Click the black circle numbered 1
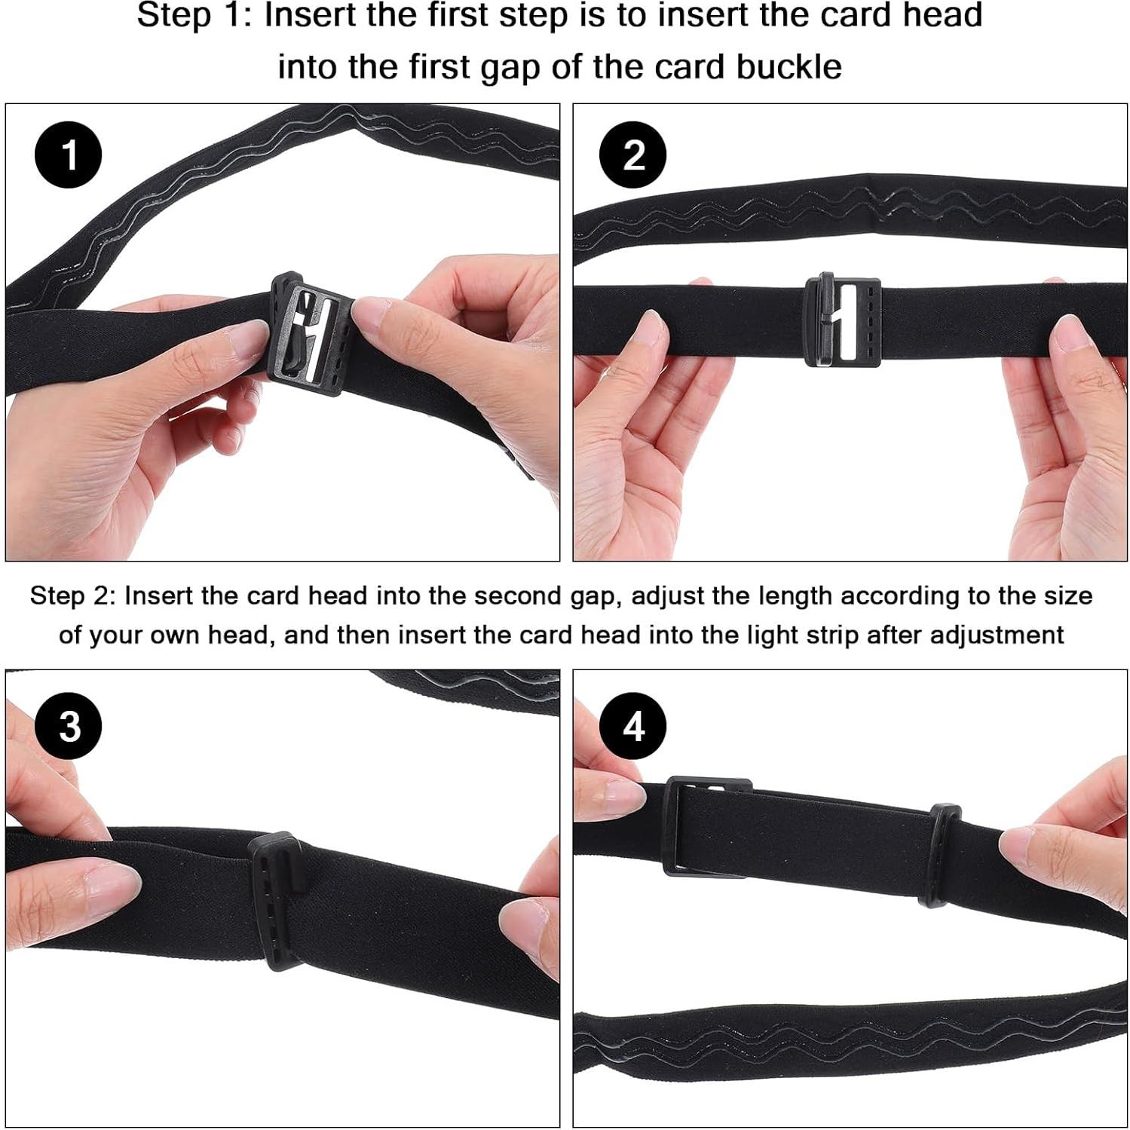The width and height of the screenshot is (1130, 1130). [69, 155]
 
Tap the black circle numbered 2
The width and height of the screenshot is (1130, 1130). [633, 155]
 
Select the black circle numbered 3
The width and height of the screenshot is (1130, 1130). [69, 726]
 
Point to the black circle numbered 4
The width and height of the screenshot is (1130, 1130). [633, 726]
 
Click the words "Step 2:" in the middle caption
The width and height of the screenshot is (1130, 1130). [73, 596]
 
